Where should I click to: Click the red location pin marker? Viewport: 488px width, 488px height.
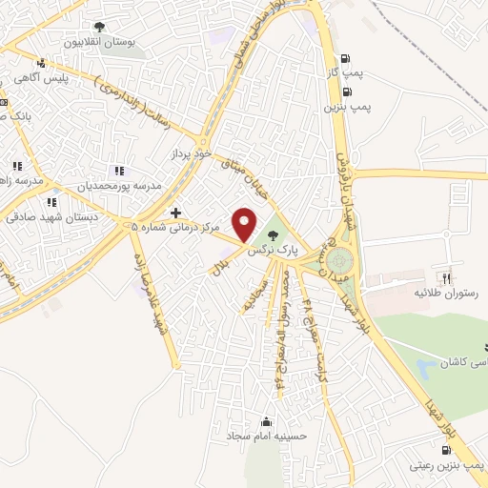point(245,223)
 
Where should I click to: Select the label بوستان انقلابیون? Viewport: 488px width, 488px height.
point(100,43)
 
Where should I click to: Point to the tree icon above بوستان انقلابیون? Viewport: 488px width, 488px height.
point(99,27)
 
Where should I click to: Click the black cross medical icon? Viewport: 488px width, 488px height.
point(174,212)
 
